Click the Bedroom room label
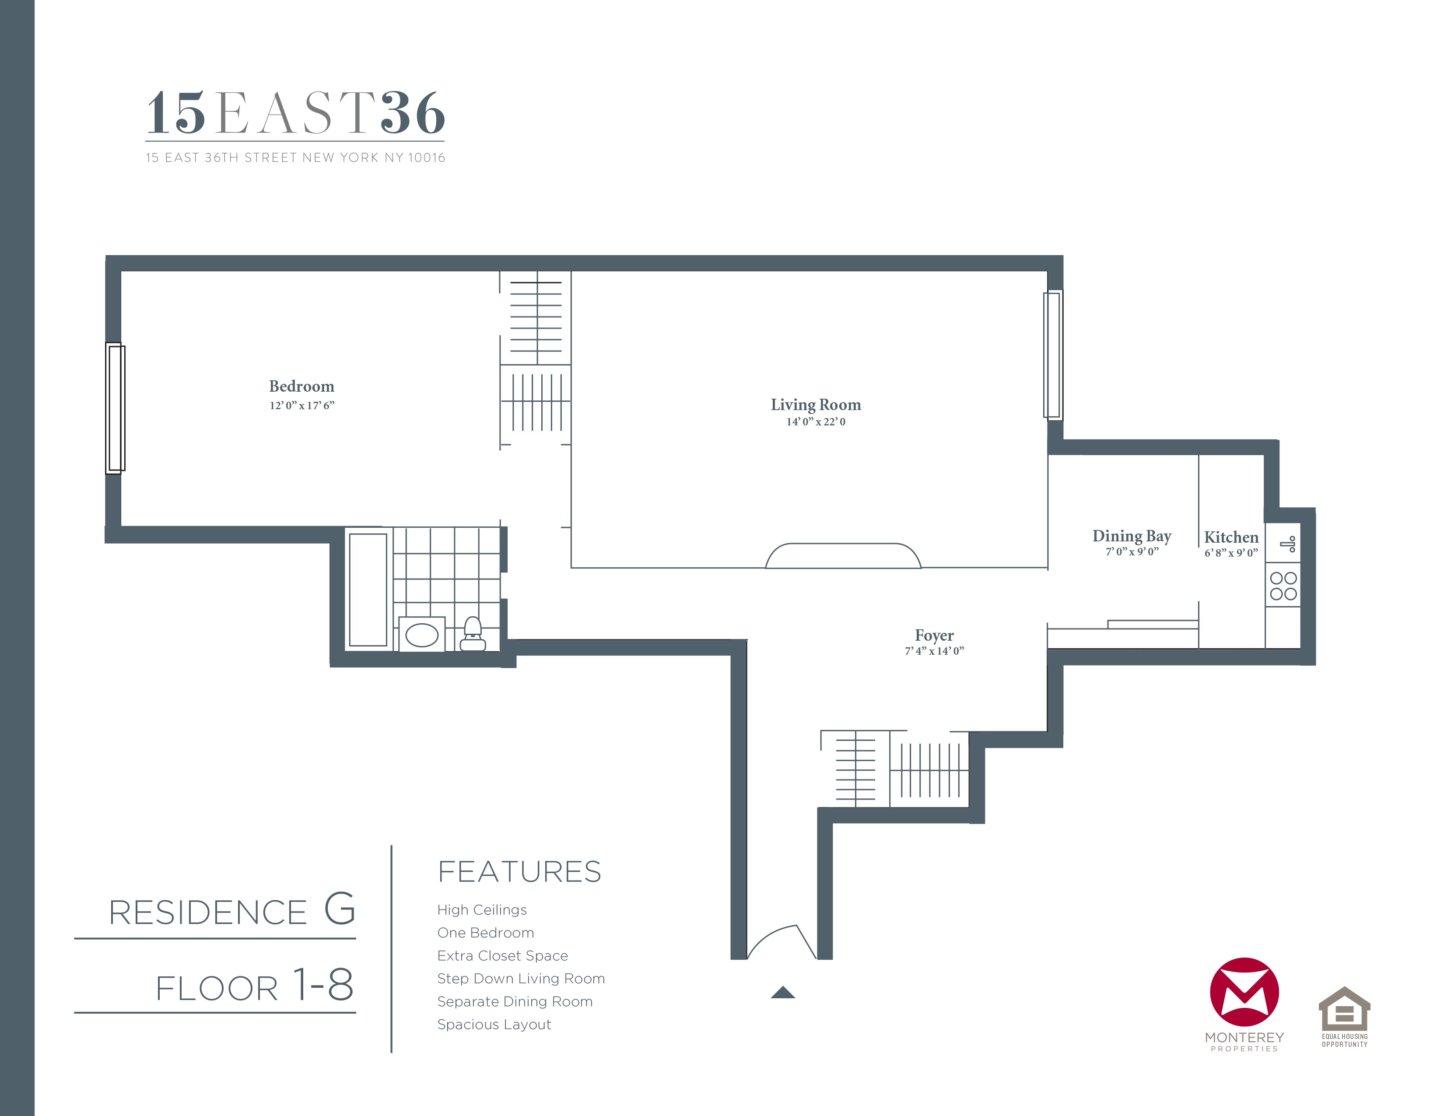coord(301,386)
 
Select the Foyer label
coord(934,635)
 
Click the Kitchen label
coord(1230,537)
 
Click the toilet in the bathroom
coord(472,635)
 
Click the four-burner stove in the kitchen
coord(1283,586)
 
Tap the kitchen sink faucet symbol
coord(1288,544)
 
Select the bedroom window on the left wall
coord(116,408)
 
